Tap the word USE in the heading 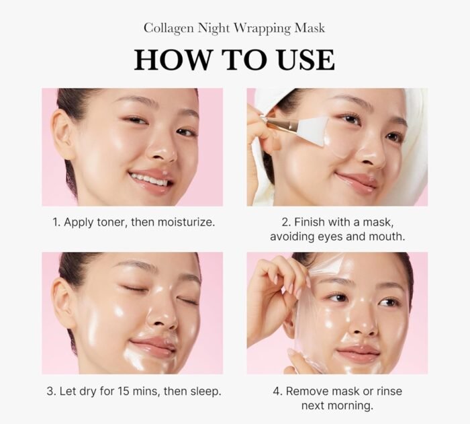[x=305, y=60]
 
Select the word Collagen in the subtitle [x=169, y=29]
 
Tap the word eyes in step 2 [x=330, y=237]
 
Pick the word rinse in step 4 [x=389, y=391]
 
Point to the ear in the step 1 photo [x=63, y=134]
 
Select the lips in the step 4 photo [x=358, y=353]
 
